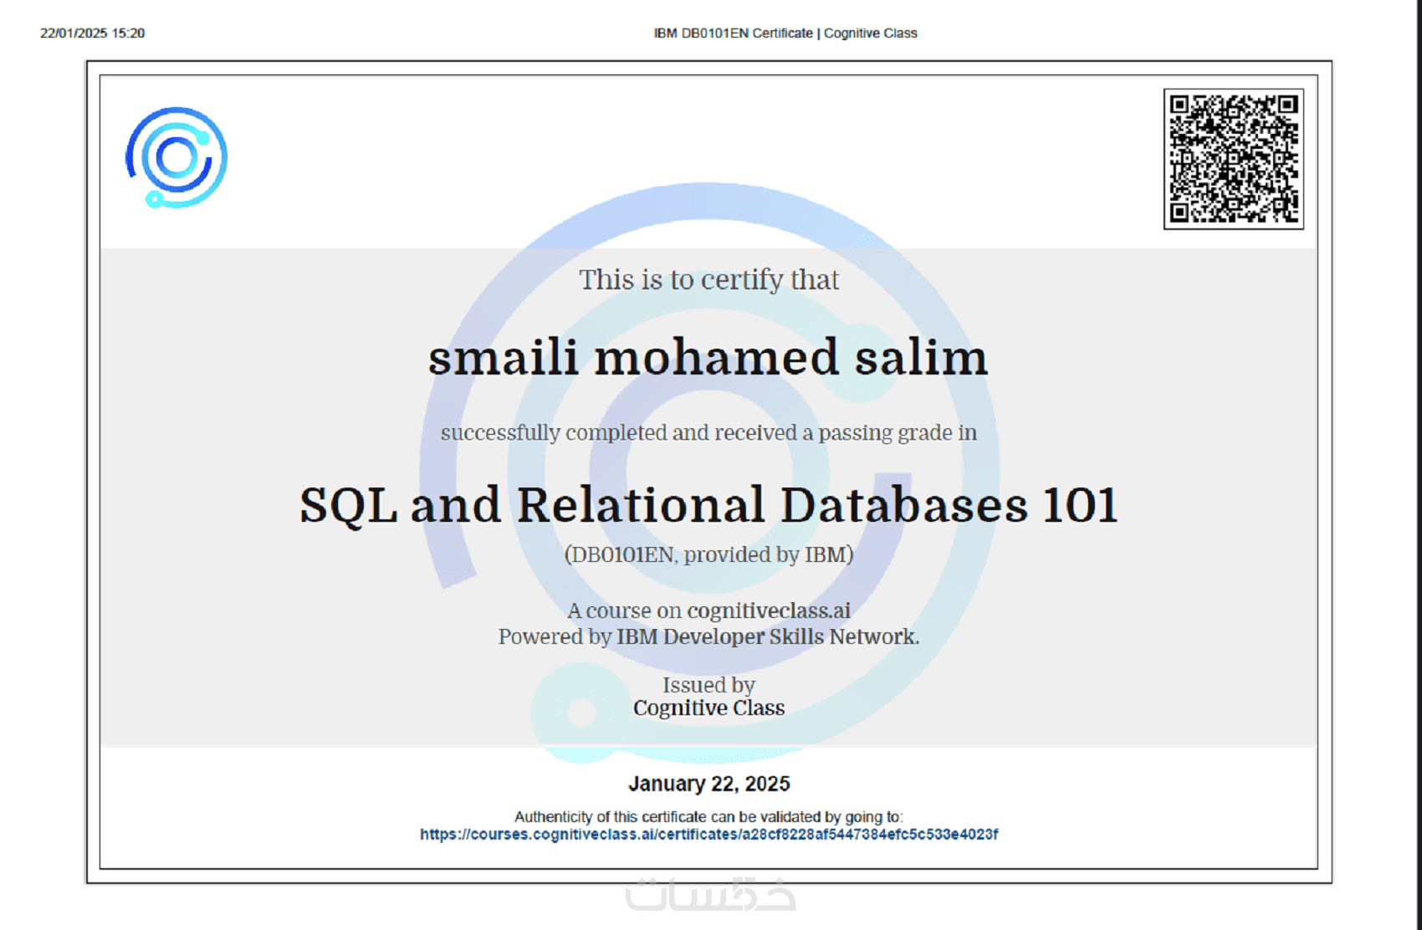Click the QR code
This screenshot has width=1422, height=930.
click(x=1234, y=159)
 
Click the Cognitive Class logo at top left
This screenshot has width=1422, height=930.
click(x=176, y=157)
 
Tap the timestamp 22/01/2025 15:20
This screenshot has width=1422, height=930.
click(x=92, y=33)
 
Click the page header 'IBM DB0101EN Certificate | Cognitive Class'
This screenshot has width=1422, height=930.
click(x=785, y=33)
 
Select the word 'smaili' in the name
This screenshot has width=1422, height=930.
click(x=503, y=357)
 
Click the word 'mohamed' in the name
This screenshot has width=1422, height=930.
click(x=716, y=357)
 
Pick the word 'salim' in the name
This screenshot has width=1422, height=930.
click(x=921, y=357)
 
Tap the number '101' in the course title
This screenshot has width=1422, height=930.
click(x=1080, y=505)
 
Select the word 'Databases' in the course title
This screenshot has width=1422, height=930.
click(x=903, y=505)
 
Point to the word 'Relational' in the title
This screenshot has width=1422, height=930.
click(x=641, y=505)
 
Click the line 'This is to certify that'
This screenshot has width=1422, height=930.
click(x=708, y=280)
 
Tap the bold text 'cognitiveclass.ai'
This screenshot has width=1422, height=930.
click(x=768, y=611)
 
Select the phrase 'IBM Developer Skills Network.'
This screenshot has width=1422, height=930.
click(x=768, y=636)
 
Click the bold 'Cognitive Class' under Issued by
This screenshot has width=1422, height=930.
click(x=708, y=708)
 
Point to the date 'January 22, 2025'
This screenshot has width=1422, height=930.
click(x=709, y=784)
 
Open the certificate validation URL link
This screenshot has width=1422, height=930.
click(x=709, y=834)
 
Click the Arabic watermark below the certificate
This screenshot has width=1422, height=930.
click(x=710, y=894)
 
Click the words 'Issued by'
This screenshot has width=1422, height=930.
click(x=708, y=686)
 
